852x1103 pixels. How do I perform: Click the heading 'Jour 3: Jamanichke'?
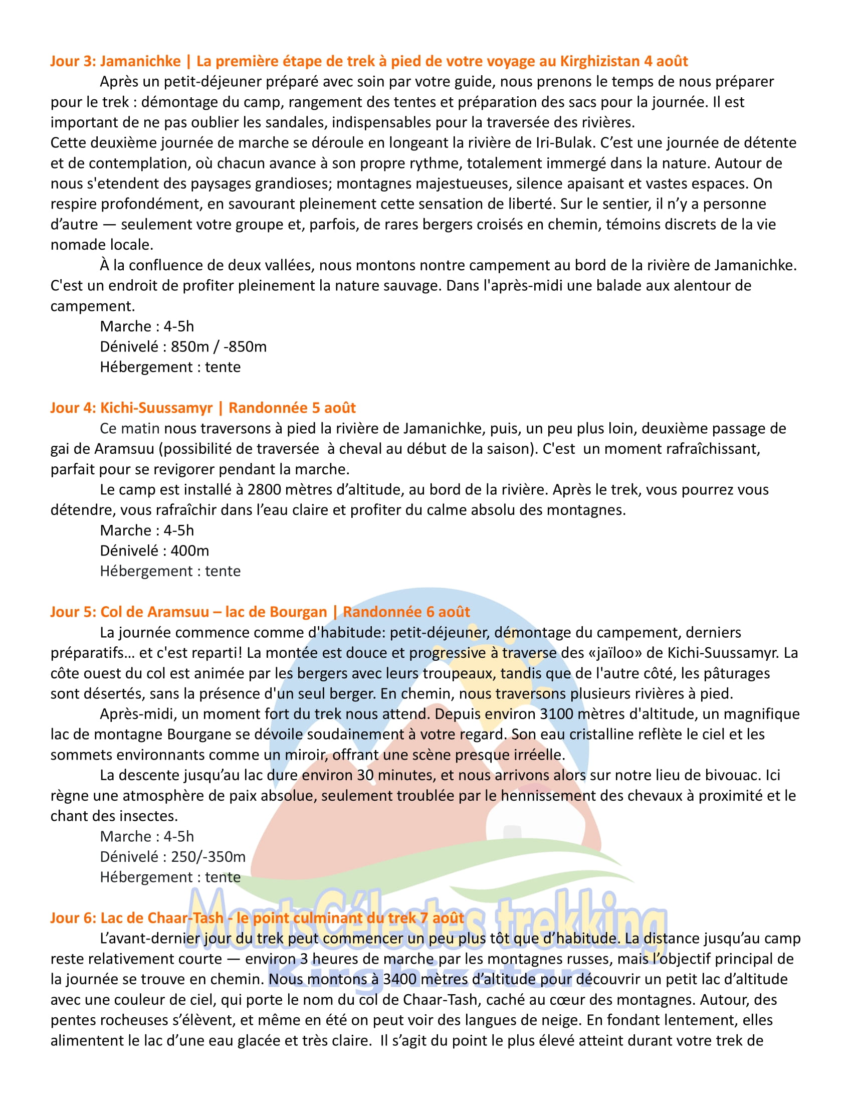[x=115, y=61]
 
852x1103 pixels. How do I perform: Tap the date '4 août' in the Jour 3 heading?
[x=666, y=61]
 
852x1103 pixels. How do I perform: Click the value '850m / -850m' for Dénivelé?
[x=219, y=346]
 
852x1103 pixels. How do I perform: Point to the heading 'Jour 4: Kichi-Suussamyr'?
[x=131, y=408]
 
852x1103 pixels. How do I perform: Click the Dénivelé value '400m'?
[x=190, y=550]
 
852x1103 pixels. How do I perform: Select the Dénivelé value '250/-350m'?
[x=208, y=856]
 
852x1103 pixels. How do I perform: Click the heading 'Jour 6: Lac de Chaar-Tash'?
[x=136, y=917]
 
